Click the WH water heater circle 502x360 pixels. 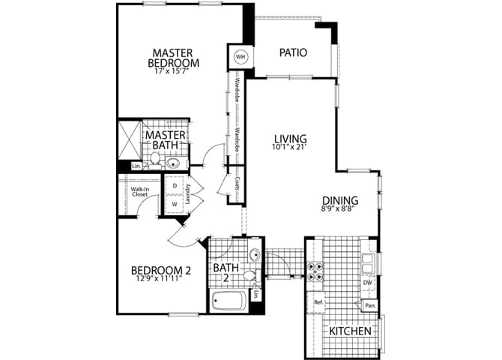[x=241, y=57]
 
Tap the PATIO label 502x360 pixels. [x=294, y=52]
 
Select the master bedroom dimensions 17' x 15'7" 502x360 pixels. [x=172, y=72]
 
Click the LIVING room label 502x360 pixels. [x=290, y=139]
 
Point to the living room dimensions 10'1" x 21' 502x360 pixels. [x=290, y=148]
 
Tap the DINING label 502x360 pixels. [x=339, y=200]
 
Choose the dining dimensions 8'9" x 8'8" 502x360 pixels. [x=339, y=210]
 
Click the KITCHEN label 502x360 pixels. [x=348, y=331]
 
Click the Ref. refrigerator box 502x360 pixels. [x=318, y=302]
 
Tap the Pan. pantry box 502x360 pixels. [x=369, y=305]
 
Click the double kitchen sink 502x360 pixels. [x=369, y=262]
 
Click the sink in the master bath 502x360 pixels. [x=173, y=163]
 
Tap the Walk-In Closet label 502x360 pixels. [x=139, y=192]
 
